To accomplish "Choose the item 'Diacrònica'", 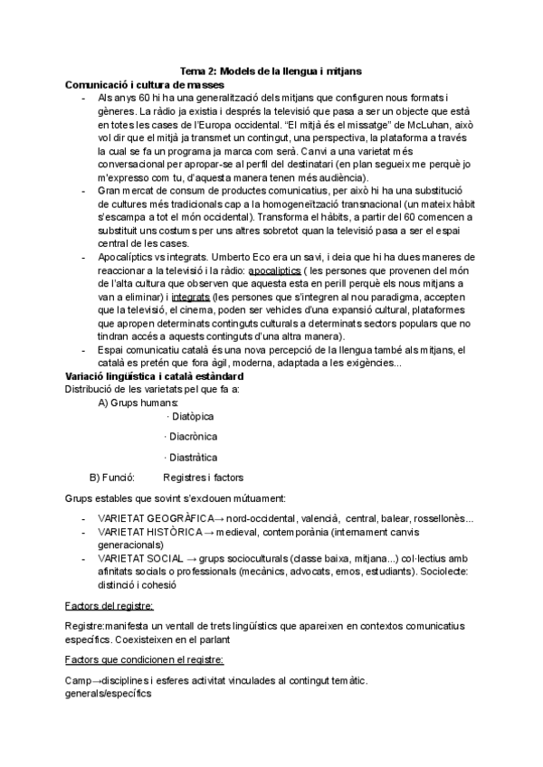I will (x=193, y=437).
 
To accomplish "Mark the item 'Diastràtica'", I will (x=192, y=458).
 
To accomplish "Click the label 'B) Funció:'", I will (x=112, y=477).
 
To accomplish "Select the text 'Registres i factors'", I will (x=203, y=477).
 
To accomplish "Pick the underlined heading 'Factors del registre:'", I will (x=110, y=606).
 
